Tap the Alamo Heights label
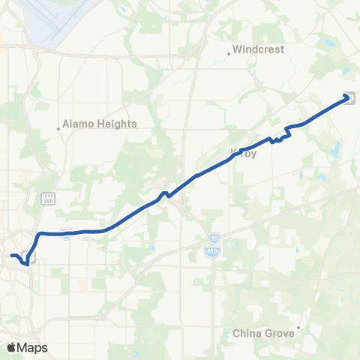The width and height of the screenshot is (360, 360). point(99,124)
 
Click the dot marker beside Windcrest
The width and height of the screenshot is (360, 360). point(229,53)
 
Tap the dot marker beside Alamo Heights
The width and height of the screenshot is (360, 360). point(58,127)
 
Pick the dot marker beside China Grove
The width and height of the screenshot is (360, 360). point(298,327)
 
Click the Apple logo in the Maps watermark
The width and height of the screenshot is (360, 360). point(11,347)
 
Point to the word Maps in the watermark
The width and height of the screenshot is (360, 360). point(33,347)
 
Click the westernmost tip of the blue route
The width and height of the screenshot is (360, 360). point(11,256)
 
